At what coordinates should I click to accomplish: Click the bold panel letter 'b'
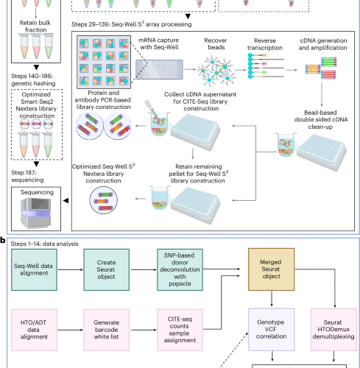tap(4, 241)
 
